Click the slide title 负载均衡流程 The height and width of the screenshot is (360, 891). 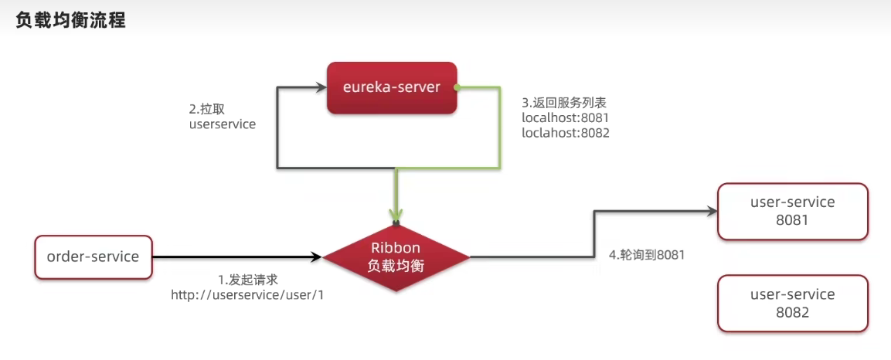pyautogui.click(x=70, y=21)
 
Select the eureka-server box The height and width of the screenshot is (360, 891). pyautogui.click(x=391, y=87)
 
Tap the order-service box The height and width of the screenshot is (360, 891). pyautogui.click(x=93, y=256)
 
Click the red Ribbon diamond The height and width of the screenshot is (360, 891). pyautogui.click(x=396, y=256)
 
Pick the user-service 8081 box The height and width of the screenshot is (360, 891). pyautogui.click(x=792, y=210)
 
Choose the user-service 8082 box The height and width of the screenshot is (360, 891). pyautogui.click(x=792, y=303)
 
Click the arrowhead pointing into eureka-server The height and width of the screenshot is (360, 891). pyautogui.click(x=318, y=87)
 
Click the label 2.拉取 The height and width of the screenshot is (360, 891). pyautogui.click(x=207, y=108)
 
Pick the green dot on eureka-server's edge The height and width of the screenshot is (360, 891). pyautogui.click(x=457, y=87)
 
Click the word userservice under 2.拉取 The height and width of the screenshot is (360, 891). pyautogui.click(x=222, y=124)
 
